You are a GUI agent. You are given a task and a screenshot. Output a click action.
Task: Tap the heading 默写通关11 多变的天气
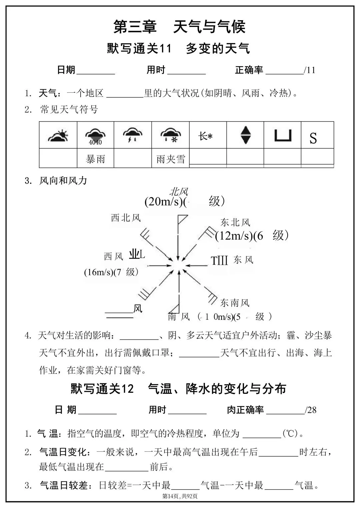tap(178, 49)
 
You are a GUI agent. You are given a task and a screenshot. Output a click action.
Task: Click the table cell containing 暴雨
tap(95, 159)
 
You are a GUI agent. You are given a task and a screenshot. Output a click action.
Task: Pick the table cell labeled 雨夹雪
tap(170, 159)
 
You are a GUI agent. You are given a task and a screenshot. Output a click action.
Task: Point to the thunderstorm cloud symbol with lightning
tap(133, 135)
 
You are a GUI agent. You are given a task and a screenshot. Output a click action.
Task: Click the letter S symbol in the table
tap(313, 138)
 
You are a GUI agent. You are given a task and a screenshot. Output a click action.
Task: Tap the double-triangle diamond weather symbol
tap(245, 135)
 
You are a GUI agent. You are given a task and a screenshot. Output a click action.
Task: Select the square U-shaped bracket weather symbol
tap(283, 135)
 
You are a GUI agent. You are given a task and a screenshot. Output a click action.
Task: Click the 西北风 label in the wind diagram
tap(126, 218)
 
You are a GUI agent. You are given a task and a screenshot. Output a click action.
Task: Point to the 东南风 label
tap(235, 303)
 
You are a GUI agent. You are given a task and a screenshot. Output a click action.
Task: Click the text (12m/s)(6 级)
tap(251, 236)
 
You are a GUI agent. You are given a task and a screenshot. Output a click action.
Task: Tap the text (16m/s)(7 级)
tap(111, 272)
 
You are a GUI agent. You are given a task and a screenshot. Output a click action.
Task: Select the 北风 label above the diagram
tap(179, 192)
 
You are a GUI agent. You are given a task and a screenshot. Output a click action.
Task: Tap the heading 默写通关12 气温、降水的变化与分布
tap(178, 388)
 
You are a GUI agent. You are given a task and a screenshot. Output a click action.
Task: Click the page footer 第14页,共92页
tap(180, 496)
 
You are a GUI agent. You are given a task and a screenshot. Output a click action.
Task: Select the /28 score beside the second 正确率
tap(311, 410)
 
